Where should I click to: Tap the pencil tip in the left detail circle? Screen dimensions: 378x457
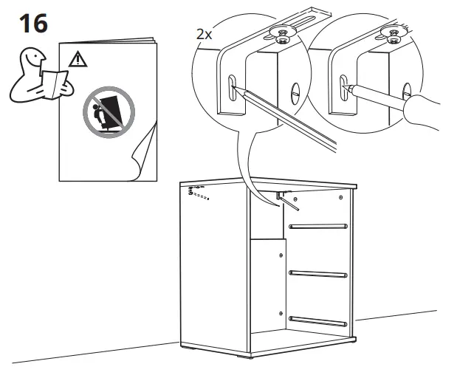pos(236,88)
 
